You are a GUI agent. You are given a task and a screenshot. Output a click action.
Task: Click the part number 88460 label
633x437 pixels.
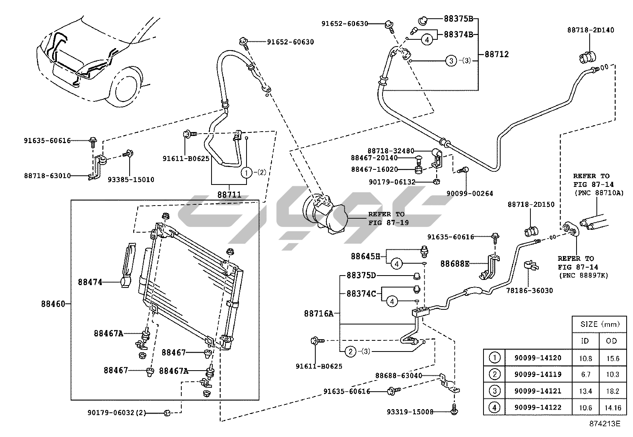pyautogui.click(x=52, y=304)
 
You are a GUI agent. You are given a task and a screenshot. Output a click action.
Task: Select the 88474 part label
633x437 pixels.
pyautogui.click(x=90, y=282)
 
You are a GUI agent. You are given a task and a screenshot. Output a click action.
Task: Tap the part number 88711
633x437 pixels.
pyautogui.click(x=229, y=194)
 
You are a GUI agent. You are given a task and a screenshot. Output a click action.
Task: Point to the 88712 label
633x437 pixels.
pyautogui.click(x=497, y=54)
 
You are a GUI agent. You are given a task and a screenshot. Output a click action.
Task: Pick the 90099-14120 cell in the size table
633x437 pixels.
pyautogui.click(x=538, y=358)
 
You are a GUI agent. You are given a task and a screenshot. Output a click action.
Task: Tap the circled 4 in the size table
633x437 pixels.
pyautogui.click(x=494, y=407)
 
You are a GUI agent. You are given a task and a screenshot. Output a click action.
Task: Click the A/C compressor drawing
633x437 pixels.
pyautogui.click(x=324, y=213)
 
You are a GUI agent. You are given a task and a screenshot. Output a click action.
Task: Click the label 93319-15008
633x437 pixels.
pyautogui.click(x=410, y=412)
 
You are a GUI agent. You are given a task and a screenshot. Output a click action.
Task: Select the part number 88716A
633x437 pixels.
pyautogui.click(x=318, y=313)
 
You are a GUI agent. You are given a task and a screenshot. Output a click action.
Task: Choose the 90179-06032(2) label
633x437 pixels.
pyautogui.click(x=117, y=413)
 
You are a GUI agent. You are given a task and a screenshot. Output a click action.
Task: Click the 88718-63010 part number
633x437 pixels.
pyautogui.click(x=47, y=175)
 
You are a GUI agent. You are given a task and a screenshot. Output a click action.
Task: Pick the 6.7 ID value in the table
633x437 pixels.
pyautogui.click(x=585, y=375)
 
